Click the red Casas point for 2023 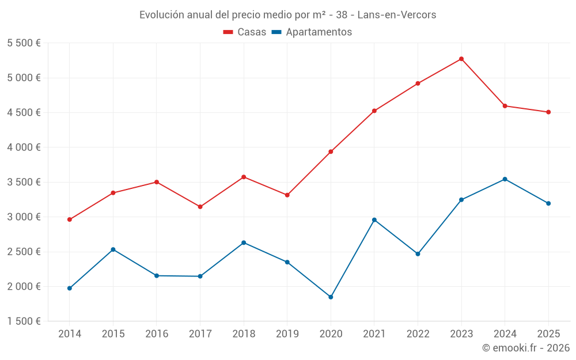[x=461, y=59]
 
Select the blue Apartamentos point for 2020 [x=331, y=297]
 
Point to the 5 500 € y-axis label [x=24, y=43]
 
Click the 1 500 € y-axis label [x=24, y=321]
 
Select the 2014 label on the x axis [x=70, y=334]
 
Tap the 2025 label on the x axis [x=548, y=334]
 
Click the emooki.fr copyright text [x=525, y=348]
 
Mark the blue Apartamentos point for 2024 [x=505, y=179]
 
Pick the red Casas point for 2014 [x=70, y=219]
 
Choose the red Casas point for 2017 [x=200, y=207]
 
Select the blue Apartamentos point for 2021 [x=374, y=220]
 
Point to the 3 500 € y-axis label [x=24, y=182]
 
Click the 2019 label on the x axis [x=287, y=334]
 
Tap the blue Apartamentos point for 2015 [x=113, y=249]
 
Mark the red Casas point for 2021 [x=374, y=111]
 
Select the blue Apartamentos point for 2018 [x=244, y=242]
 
